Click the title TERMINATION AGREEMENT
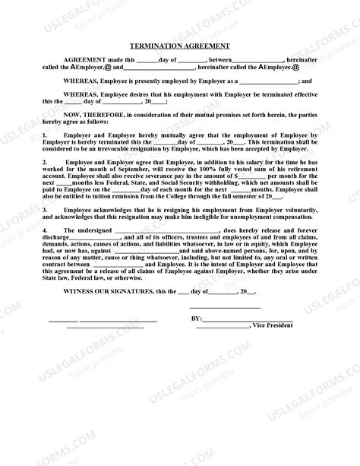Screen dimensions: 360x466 (180, 46)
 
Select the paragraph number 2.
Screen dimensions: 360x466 (45, 162)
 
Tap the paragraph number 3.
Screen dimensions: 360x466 (45, 208)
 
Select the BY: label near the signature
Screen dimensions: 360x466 (195, 319)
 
